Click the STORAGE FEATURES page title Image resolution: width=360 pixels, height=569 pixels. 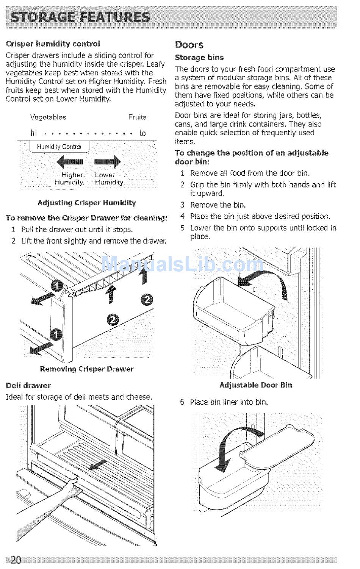point(81,17)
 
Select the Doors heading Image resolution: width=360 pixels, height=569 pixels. point(189,45)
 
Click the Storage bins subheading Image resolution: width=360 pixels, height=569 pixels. point(199,58)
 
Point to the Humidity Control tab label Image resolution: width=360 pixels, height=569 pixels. point(59,147)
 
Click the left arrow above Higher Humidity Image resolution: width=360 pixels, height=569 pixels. point(70,162)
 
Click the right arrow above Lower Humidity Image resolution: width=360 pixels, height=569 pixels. point(107,162)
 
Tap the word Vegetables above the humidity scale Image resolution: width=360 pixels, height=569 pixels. point(48,117)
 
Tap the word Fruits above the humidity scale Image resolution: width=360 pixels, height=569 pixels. point(137,117)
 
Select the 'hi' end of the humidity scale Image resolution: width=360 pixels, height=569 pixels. point(34,133)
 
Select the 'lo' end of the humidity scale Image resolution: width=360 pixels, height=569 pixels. point(142,133)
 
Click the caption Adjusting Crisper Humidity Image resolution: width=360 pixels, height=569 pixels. point(87,203)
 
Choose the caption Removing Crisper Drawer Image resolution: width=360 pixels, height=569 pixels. point(87,369)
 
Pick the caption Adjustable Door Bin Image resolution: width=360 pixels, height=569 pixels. point(256,385)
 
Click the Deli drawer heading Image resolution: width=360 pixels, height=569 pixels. point(28,386)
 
